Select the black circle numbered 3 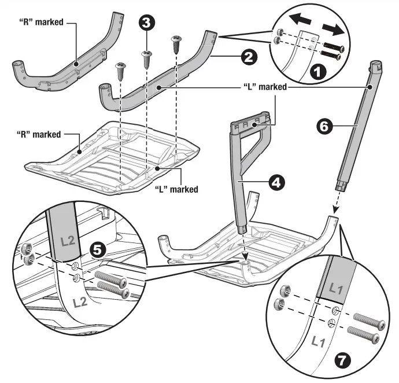146,24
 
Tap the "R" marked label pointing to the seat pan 38,134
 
